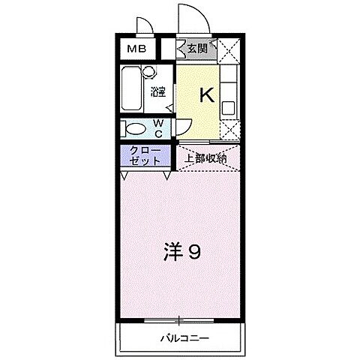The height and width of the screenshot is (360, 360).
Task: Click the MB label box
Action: [x=136, y=50]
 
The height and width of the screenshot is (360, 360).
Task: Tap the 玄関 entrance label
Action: [x=197, y=49]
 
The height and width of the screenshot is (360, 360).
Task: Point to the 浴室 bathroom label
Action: [x=157, y=93]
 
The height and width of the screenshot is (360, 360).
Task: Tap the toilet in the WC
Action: [x=135, y=127]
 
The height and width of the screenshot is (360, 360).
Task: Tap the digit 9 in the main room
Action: [x=193, y=252]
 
